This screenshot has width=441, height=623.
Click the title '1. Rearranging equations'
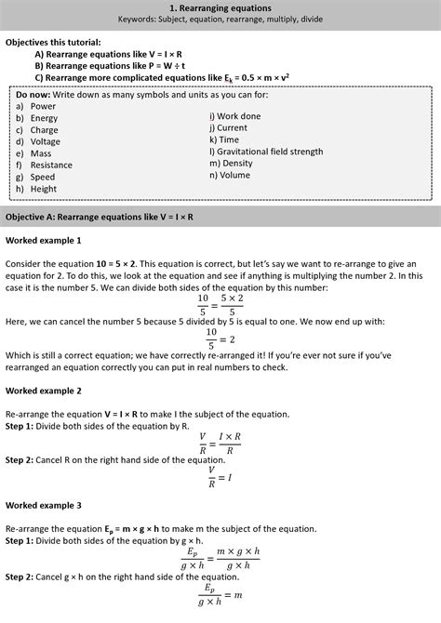220,7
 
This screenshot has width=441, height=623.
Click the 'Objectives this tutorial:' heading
52,43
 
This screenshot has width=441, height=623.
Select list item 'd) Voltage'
37,142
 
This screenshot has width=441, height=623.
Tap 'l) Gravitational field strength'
266,152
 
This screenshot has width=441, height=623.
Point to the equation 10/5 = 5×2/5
220,304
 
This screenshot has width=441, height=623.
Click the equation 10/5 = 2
220,336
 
